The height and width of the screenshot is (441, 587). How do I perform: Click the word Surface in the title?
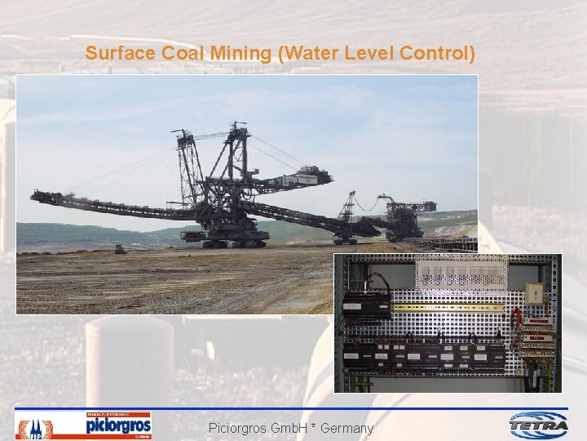[x=115, y=54]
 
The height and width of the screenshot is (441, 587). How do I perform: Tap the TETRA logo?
[x=538, y=425]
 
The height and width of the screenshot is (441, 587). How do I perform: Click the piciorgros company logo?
[x=118, y=425]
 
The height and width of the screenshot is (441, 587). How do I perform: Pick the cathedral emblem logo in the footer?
[x=34, y=428]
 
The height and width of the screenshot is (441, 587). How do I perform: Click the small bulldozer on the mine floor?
[x=121, y=249]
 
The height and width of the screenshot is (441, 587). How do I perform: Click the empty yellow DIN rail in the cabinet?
[x=448, y=308]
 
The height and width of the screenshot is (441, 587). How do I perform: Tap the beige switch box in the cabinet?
[x=535, y=293]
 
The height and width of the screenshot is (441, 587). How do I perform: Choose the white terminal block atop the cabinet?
[x=461, y=271]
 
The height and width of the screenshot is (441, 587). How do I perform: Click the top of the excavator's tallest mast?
[x=239, y=126]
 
